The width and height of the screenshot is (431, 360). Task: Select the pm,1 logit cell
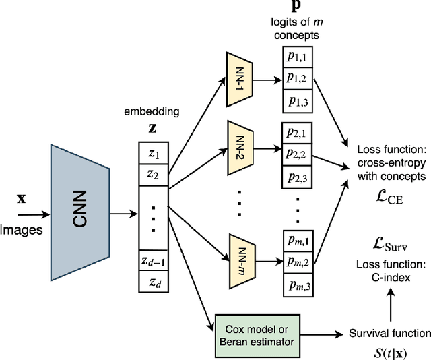click(296, 241)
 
